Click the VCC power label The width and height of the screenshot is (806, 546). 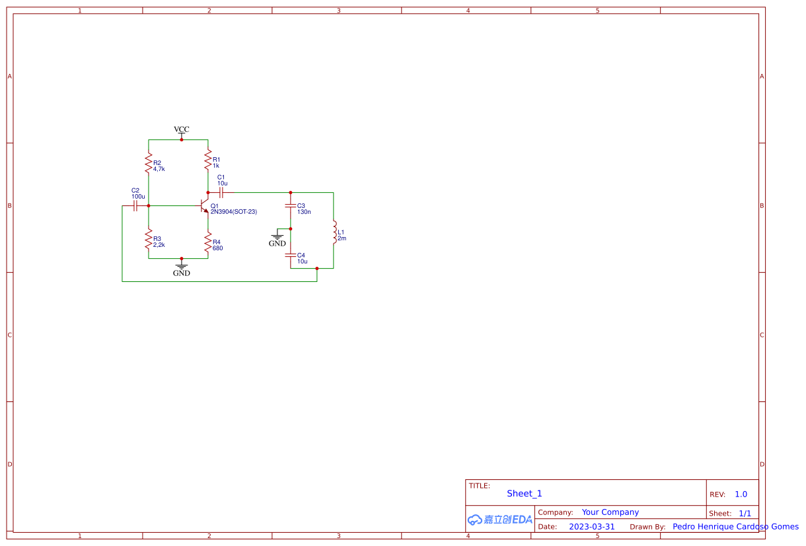pos(181,129)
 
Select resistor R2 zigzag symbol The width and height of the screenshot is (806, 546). pos(149,162)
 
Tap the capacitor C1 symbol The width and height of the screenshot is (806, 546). pos(221,193)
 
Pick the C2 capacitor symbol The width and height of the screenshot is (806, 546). pos(135,206)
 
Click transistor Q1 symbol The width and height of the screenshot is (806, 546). pos(204,206)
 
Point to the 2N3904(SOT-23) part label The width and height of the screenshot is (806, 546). pos(234,212)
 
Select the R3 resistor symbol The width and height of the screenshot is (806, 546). pos(149,239)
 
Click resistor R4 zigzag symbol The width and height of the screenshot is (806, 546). pos(208,242)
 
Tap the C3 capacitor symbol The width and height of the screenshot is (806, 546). pos(291,206)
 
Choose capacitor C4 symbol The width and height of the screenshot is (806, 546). pos(291,256)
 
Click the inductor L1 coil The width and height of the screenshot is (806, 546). pos(334,232)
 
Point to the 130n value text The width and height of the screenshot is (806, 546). pos(304,212)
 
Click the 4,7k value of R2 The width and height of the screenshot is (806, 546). pos(159,169)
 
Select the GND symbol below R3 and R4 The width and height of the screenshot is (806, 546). pos(181,268)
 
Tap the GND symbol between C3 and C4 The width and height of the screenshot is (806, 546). pos(277,238)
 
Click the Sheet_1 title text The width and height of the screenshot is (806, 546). pos(525,493)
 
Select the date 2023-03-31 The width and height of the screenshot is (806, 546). pos(592,527)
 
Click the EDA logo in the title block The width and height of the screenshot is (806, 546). pos(500,520)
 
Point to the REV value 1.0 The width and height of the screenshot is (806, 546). pos(741,495)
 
